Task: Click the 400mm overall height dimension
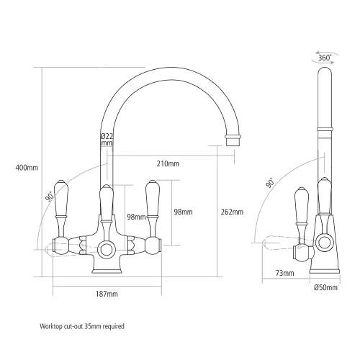[26, 168]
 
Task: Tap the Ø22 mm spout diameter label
[107, 140]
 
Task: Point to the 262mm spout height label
[232, 212]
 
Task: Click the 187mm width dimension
[106, 294]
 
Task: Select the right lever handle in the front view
[152, 202]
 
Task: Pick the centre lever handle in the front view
[107, 203]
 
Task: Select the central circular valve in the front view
[107, 249]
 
